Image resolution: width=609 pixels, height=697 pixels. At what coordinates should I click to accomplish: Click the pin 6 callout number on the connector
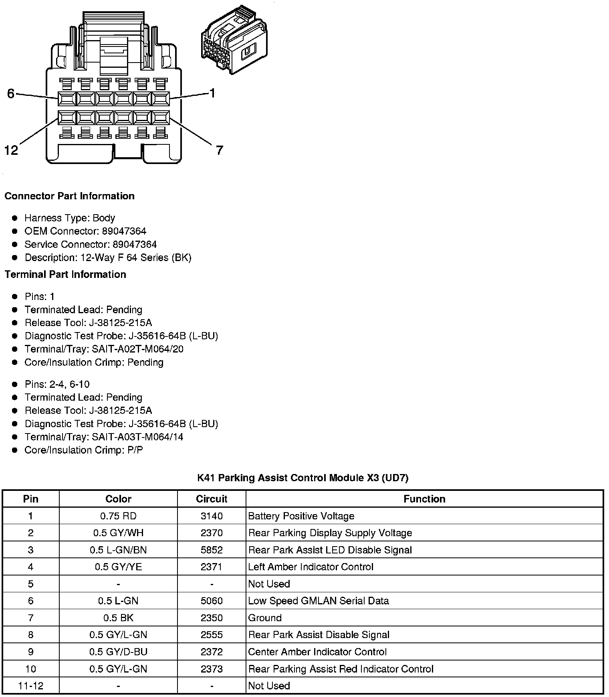point(11,93)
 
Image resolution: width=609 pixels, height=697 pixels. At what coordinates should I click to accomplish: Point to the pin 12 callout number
point(11,150)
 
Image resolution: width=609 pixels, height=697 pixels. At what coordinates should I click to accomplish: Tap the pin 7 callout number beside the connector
point(219,150)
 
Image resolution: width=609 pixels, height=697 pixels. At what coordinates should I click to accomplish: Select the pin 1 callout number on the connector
point(212,93)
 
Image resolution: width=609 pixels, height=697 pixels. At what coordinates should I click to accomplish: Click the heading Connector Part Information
point(69,196)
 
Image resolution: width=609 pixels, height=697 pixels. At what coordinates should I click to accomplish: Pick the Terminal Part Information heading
point(65,274)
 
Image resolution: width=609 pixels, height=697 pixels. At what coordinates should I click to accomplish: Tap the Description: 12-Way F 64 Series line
point(108,257)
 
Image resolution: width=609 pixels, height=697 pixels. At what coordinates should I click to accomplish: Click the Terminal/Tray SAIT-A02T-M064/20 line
point(104,349)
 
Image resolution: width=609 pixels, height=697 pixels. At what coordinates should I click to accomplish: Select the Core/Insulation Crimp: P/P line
point(83,450)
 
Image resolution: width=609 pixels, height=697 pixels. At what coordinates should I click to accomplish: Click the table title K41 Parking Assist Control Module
point(302,478)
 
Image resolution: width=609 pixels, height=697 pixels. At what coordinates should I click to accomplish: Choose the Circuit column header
point(212,499)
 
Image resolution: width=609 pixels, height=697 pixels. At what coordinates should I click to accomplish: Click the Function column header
point(424,499)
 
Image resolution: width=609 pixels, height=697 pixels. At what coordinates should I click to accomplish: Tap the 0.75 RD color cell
point(118,516)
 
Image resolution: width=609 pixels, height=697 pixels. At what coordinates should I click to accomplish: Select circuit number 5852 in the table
point(212,550)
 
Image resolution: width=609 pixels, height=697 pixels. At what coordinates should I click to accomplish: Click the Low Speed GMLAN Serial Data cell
point(319,601)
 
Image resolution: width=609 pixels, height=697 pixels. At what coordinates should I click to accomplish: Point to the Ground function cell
point(265,618)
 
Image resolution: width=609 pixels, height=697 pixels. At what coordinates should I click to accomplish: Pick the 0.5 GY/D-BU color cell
point(118,652)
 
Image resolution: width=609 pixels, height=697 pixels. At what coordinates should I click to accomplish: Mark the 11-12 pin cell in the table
point(31,686)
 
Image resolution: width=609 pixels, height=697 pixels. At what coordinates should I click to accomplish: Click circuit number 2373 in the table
point(212,669)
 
